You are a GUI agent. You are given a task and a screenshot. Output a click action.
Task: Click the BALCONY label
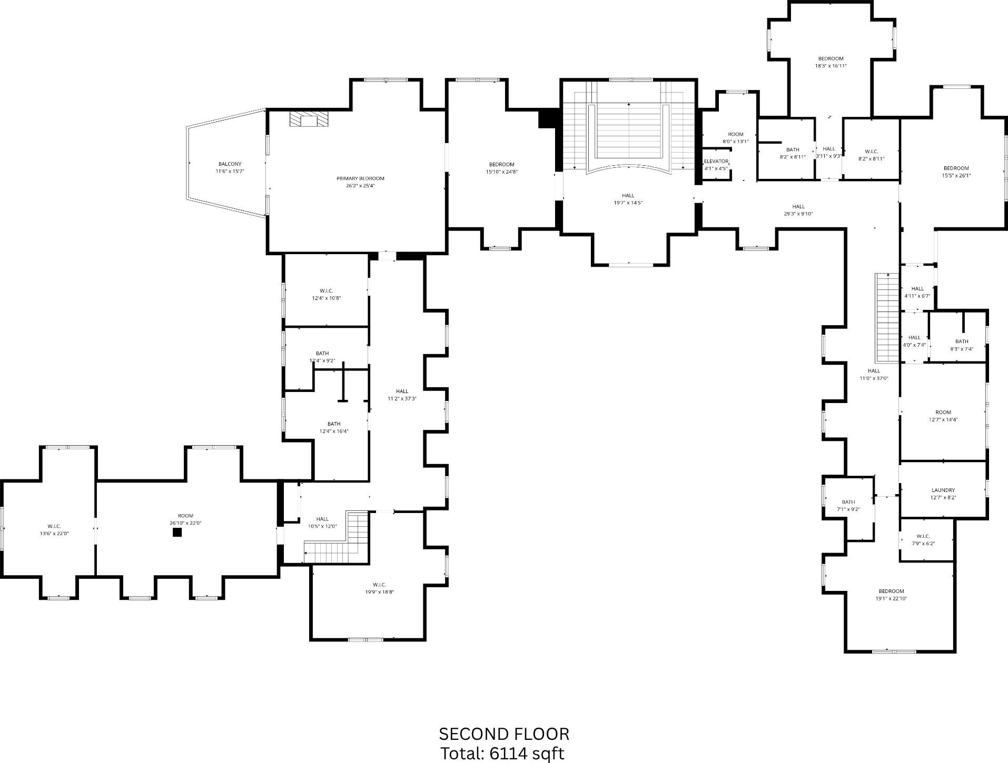230,164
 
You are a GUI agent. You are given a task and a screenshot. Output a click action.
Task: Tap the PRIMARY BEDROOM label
360,178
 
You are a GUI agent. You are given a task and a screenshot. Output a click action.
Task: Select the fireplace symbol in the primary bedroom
309,119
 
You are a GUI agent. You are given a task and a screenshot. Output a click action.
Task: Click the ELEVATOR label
716,162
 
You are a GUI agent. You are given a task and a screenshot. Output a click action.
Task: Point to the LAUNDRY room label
943,490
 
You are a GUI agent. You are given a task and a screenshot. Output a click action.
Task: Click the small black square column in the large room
177,532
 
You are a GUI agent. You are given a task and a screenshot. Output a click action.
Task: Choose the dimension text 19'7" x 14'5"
628,203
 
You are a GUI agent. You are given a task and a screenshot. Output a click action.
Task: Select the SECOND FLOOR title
504,734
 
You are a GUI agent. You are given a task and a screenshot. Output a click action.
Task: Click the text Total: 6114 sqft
502,754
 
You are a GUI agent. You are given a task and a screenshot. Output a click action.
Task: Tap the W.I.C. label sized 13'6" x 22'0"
54,526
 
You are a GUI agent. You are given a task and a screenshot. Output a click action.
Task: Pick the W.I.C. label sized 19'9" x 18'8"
379,585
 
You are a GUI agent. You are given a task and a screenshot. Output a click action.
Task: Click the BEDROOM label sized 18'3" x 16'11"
831,58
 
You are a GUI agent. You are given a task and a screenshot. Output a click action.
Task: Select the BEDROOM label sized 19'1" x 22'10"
891,591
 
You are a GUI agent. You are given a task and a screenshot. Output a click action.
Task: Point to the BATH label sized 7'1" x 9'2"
848,502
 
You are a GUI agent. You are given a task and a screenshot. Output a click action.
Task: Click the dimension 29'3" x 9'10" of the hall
798,214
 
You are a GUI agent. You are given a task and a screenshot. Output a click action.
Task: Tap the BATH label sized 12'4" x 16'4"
334,424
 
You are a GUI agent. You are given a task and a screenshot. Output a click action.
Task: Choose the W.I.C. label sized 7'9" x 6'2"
923,536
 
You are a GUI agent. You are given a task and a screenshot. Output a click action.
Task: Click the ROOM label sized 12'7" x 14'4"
943,413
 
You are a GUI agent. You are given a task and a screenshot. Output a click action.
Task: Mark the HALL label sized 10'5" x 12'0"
322,519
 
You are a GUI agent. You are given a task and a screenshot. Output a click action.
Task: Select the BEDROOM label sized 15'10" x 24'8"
501,164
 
